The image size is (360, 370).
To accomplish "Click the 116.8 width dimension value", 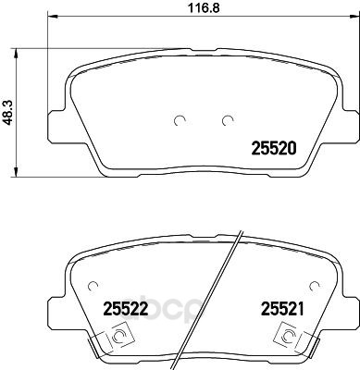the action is [x=204, y=7].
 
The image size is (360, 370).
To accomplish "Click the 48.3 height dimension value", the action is [x=8, y=114].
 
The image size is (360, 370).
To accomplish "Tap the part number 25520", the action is [x=274, y=148].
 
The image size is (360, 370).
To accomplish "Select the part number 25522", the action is [x=126, y=309].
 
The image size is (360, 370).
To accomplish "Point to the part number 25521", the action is [x=282, y=309].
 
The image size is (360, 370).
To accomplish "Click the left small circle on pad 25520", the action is [x=180, y=121].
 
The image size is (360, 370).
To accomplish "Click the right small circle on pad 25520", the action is [x=228, y=121].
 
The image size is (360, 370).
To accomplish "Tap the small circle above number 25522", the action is [x=93, y=287].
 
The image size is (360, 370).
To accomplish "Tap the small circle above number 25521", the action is [x=315, y=287].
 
